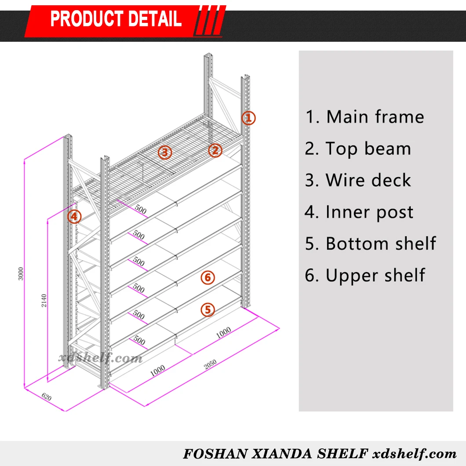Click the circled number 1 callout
point(248,118)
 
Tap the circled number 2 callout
point(215,151)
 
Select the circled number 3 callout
point(164,153)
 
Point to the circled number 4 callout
point(75,216)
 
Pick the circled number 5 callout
point(208,309)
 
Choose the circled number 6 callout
point(208,277)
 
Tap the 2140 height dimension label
point(44,301)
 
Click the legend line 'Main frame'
point(364,117)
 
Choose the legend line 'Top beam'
point(358,149)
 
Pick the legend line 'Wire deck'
point(358,181)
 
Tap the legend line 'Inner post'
point(359,212)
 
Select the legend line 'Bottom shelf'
point(370,244)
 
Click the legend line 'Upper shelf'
point(365,276)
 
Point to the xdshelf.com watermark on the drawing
point(101,358)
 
